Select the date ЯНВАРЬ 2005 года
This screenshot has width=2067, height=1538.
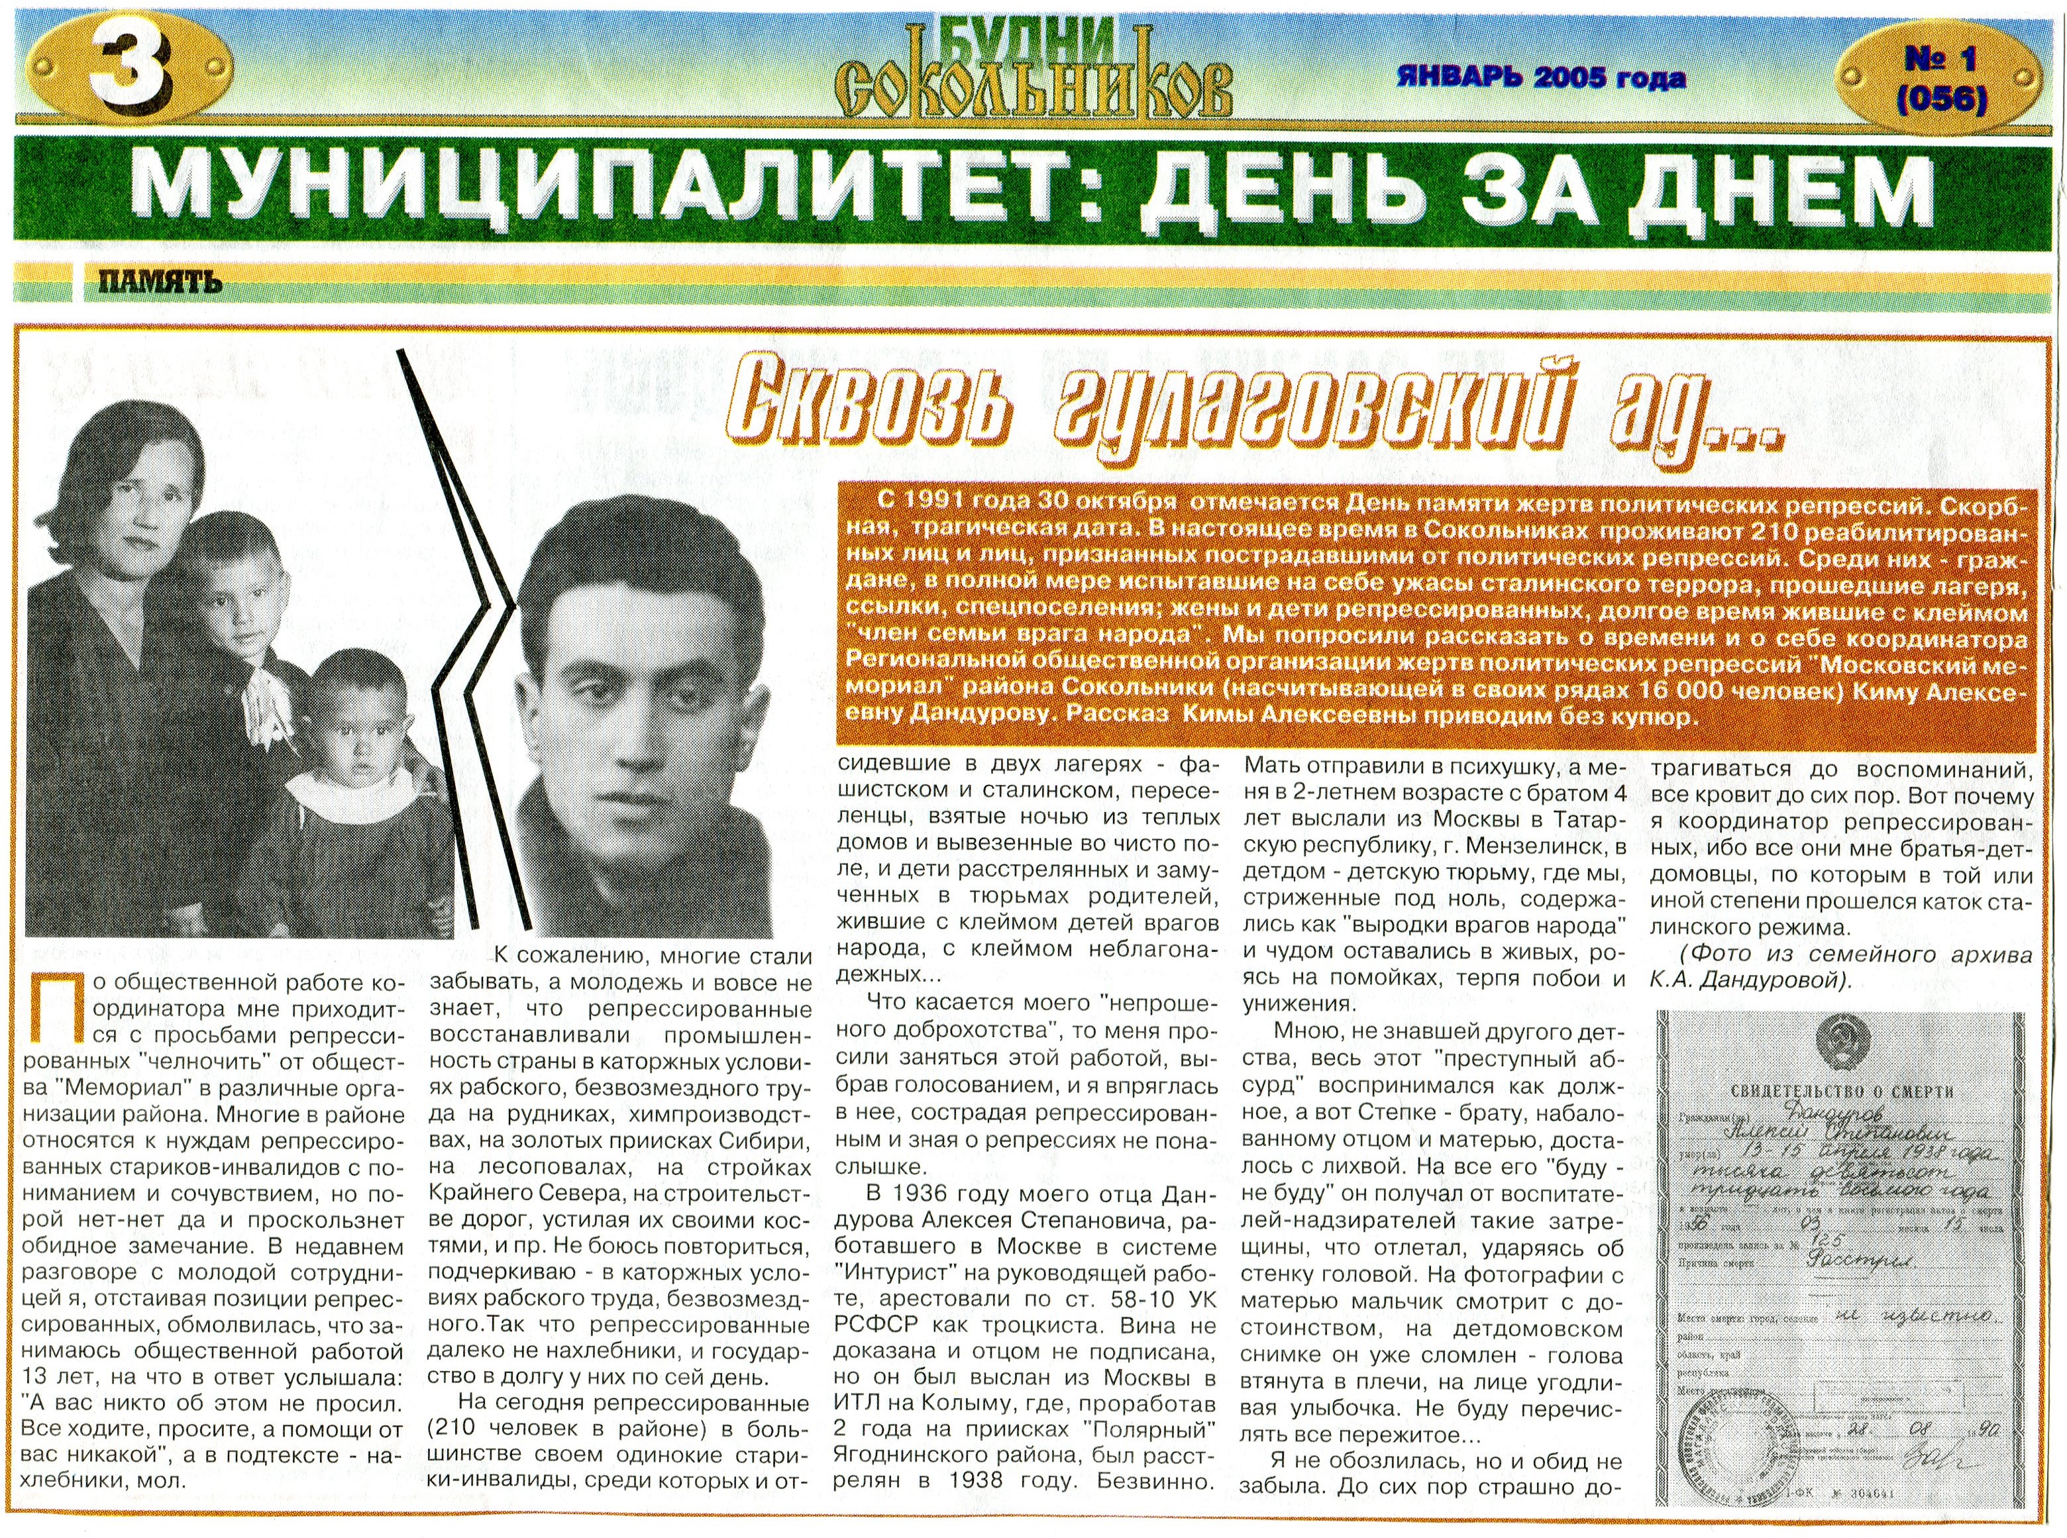point(1542,77)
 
